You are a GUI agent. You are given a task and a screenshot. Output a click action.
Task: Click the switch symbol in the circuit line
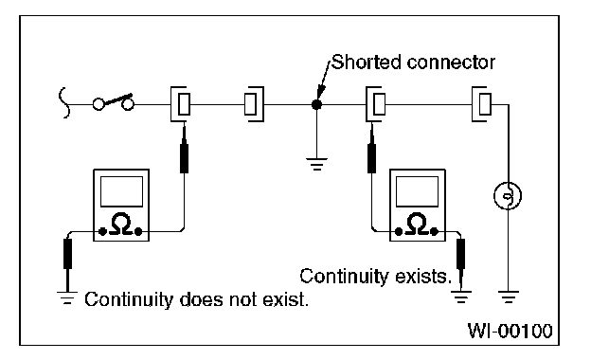(x=114, y=102)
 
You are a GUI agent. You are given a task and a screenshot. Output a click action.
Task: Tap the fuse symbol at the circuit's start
(x=64, y=103)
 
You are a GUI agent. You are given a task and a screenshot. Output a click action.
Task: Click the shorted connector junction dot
(x=316, y=105)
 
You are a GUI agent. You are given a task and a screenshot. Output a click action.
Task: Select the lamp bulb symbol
(x=508, y=196)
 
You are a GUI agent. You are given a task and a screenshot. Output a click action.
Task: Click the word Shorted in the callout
(x=366, y=63)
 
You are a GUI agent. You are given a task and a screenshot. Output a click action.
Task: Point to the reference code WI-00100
(x=510, y=331)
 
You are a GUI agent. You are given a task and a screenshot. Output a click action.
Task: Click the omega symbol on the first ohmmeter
(x=120, y=225)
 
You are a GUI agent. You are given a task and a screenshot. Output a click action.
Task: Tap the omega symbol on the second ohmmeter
(x=417, y=225)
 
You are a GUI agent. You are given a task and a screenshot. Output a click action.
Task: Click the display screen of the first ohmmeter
(x=122, y=191)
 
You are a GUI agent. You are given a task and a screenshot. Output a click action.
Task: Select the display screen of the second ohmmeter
(x=418, y=191)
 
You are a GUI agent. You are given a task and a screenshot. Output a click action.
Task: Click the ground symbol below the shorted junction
(x=316, y=164)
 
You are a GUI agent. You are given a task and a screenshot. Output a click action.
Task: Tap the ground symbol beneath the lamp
(x=508, y=297)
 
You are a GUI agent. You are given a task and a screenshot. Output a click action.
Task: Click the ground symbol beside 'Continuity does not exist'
(x=67, y=297)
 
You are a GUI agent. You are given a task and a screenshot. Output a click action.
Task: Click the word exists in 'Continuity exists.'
(x=423, y=277)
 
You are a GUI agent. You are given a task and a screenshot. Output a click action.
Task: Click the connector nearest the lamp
(x=482, y=104)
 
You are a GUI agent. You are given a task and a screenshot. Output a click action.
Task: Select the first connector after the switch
(x=181, y=104)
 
